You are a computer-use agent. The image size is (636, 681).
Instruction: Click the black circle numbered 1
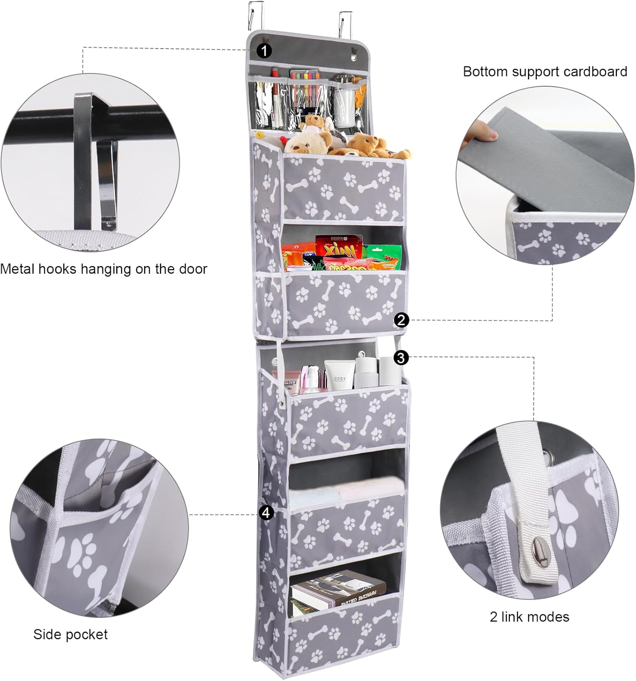(x=264, y=50)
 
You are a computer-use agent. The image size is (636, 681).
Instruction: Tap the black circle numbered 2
(x=401, y=320)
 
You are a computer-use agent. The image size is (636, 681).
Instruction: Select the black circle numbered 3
(x=400, y=357)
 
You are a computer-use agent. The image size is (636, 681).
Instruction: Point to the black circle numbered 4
(x=266, y=513)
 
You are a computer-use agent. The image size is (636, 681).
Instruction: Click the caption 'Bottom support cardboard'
(x=545, y=72)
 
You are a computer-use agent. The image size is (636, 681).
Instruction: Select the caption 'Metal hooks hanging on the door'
(x=104, y=269)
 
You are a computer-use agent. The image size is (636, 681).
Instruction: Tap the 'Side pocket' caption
(x=70, y=634)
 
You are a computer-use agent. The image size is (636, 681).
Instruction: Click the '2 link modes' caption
(x=529, y=617)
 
